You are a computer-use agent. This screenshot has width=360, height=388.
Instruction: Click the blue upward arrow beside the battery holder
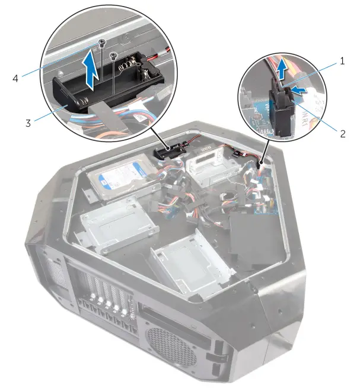coord(93,66)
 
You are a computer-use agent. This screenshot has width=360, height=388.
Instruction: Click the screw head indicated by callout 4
coord(102,43)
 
